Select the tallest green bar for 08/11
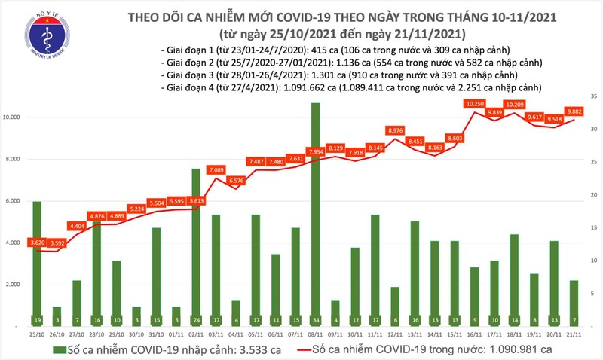click(314, 211)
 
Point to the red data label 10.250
click(474, 103)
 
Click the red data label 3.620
click(37, 243)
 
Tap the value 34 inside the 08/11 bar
click(314, 319)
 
